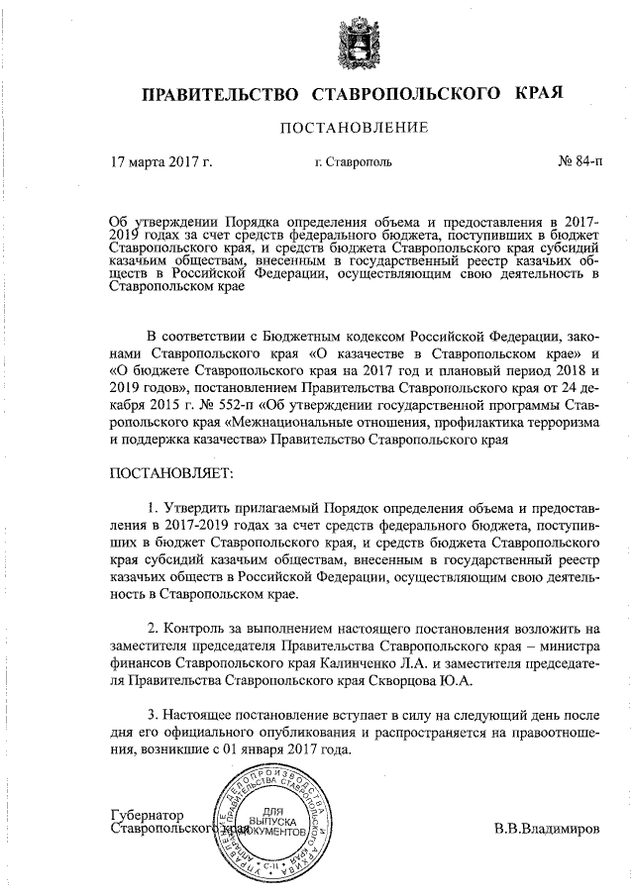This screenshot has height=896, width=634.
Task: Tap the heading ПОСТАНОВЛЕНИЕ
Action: pyautogui.click(x=354, y=128)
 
